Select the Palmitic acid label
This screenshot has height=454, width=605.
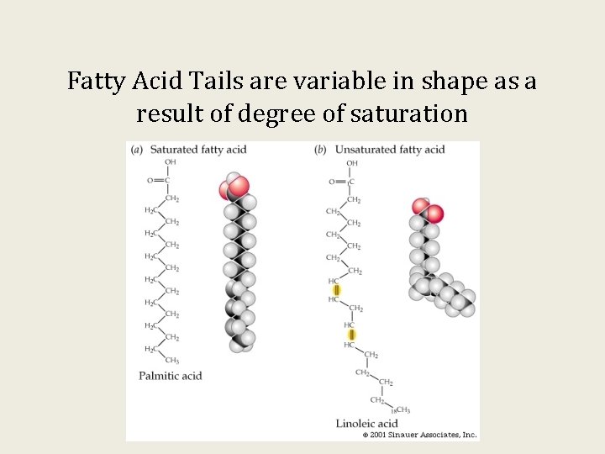(171, 376)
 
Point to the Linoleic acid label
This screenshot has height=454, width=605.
(366, 424)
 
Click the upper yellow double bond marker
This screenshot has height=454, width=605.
(337, 290)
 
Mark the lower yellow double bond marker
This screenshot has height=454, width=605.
(351, 335)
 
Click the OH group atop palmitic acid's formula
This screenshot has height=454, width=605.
(171, 162)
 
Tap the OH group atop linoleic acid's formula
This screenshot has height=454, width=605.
(352, 163)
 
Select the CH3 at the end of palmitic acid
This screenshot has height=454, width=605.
(173, 361)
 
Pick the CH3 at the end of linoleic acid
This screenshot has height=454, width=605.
(403, 410)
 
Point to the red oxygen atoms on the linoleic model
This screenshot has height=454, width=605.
(427, 210)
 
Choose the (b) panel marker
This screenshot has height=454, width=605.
(320, 150)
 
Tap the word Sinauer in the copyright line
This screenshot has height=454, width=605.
(407, 435)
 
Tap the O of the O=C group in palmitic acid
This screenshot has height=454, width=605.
(150, 180)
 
